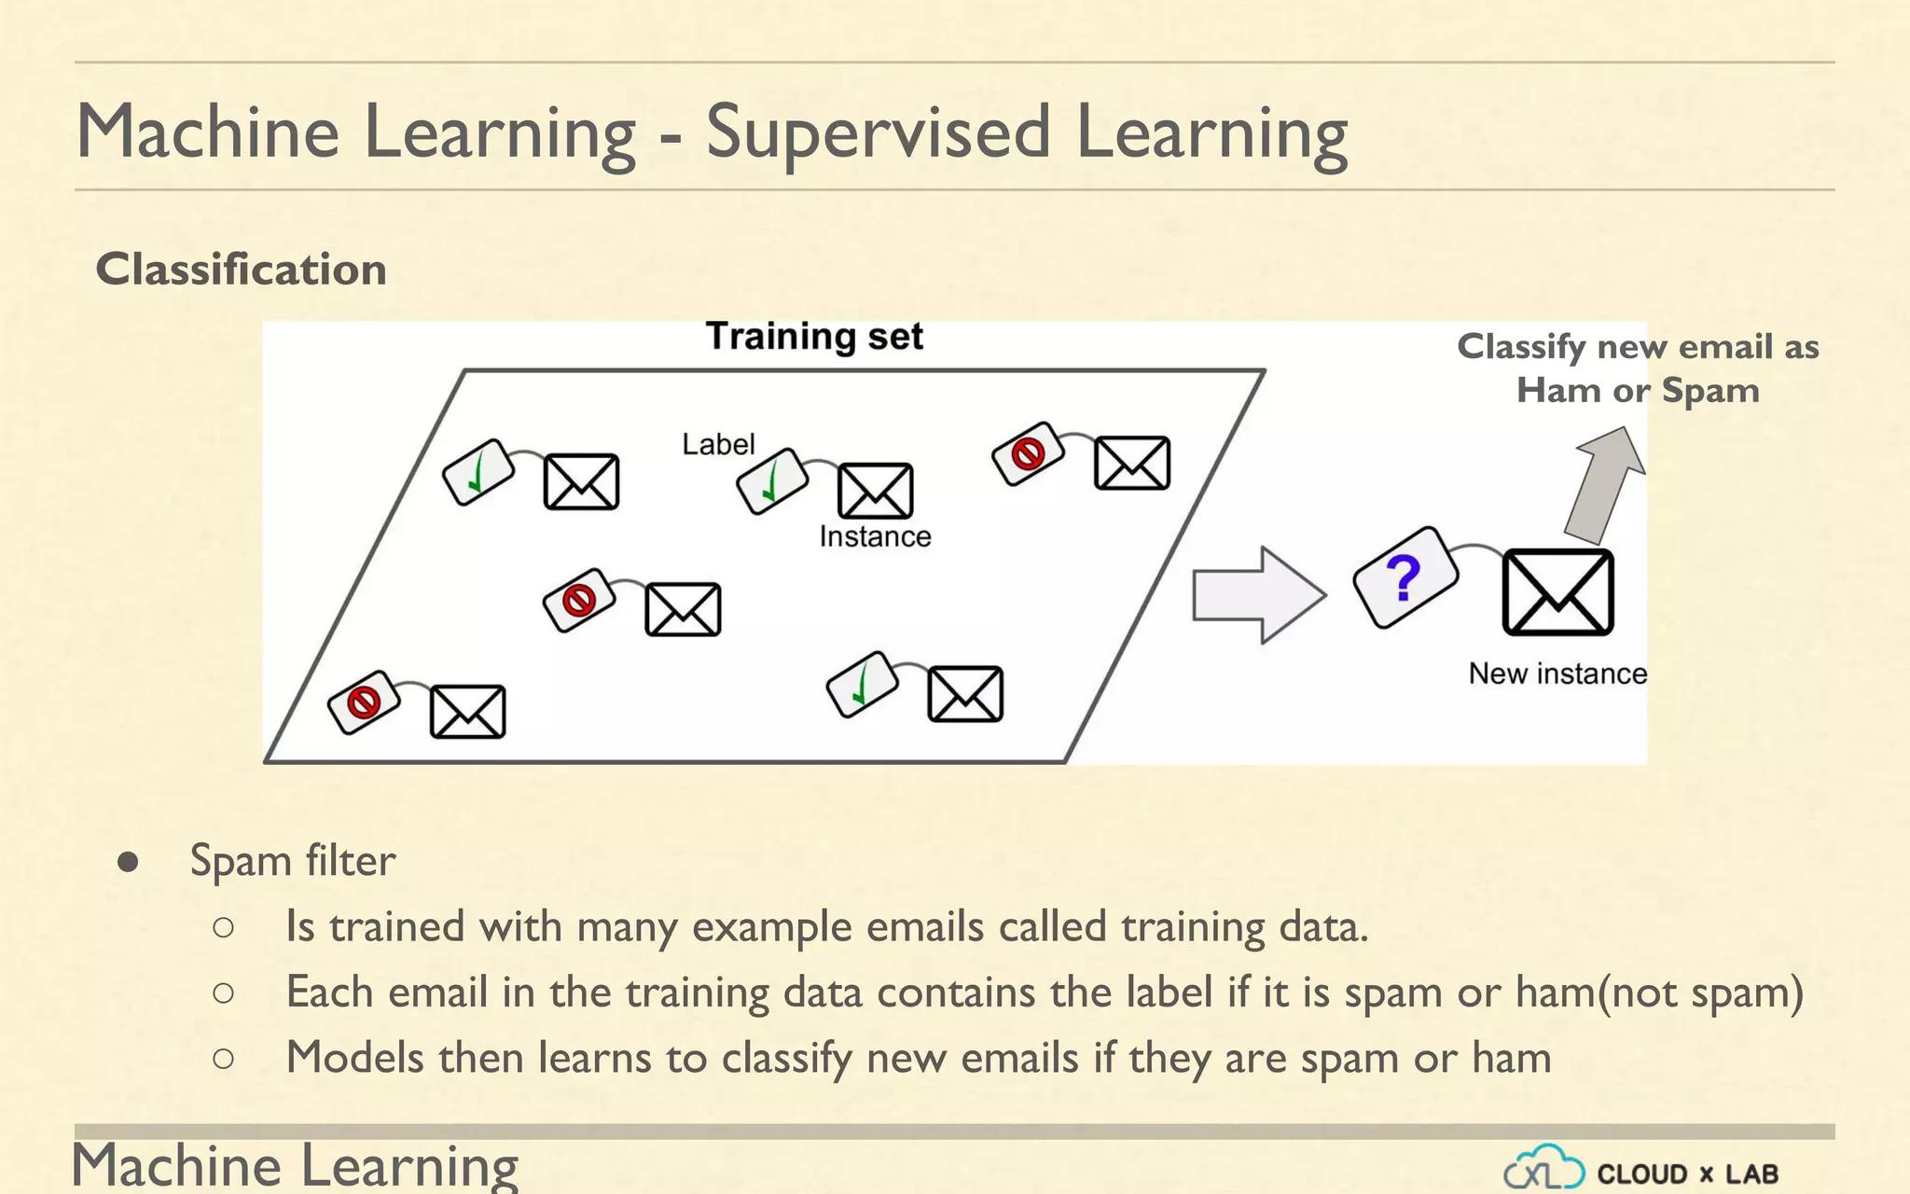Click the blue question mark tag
coord(1405,577)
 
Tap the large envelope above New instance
coord(1557,592)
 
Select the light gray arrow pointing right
coord(1258,595)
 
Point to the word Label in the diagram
coord(717,444)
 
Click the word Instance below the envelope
coord(875,536)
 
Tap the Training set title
coord(814,336)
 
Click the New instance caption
coord(1557,673)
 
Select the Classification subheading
coord(241,270)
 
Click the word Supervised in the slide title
coord(878,132)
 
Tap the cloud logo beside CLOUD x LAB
coord(1543,1169)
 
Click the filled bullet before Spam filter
coord(128,862)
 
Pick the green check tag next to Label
coord(771,481)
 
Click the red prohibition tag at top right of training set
coord(1028,454)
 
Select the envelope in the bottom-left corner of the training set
coord(467,712)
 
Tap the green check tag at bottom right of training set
coord(862,685)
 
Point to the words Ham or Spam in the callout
coord(1638,390)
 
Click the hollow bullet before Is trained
coord(223,927)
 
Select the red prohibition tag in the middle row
coord(579,600)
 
